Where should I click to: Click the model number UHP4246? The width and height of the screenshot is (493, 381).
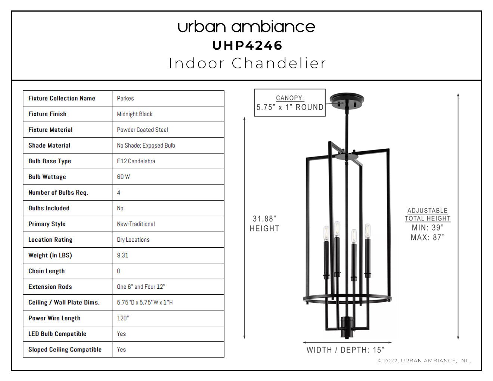coord(247,46)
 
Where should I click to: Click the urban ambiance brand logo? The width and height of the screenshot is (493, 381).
coord(246,27)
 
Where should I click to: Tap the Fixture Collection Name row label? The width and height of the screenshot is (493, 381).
coord(62,98)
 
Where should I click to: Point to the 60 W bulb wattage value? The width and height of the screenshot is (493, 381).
coord(123,177)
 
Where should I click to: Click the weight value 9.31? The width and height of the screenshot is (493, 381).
coord(123,255)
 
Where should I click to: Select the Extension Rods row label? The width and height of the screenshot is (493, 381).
coord(50,286)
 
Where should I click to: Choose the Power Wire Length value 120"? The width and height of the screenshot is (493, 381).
coord(123,318)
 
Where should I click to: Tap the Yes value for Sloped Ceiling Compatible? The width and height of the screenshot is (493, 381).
coord(121,350)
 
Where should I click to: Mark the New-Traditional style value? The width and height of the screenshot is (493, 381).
coord(136,224)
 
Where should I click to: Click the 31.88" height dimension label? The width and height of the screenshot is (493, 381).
coord(264,223)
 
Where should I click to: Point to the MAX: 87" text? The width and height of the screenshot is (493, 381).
coord(427,237)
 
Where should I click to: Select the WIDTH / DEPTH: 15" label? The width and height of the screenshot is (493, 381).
coord(345,350)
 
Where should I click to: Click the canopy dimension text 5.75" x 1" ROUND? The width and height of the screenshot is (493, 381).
coord(290,107)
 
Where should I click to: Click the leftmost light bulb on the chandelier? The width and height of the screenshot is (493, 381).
coord(326,233)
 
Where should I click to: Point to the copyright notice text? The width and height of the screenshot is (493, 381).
coord(424,360)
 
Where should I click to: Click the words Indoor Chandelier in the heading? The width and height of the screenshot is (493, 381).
coord(247,63)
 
